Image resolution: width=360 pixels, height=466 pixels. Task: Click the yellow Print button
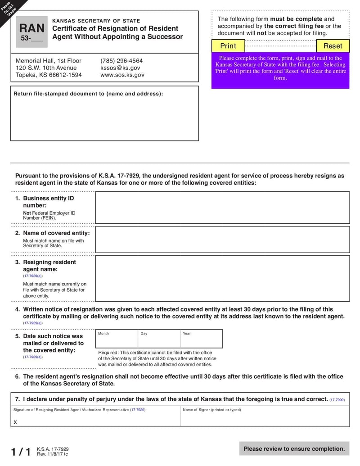[228, 46]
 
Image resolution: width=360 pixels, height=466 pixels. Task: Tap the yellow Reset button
[333, 46]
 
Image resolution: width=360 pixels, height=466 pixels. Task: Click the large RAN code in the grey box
[31, 28]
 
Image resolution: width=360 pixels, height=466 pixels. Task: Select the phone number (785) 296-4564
[121, 61]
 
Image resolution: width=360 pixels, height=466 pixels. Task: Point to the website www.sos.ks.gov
[122, 75]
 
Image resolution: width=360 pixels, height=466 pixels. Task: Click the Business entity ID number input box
[222, 208]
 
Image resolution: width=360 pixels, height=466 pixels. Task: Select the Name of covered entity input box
[222, 239]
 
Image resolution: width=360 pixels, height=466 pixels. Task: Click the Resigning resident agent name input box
[222, 278]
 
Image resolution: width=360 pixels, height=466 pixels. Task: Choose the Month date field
[117, 341]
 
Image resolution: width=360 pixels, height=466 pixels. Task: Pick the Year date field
[201, 341]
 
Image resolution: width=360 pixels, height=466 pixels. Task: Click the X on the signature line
[15, 422]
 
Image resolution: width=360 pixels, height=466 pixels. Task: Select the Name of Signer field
[265, 419]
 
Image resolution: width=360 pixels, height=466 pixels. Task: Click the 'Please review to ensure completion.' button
[294, 448]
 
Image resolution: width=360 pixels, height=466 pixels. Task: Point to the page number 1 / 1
[21, 452]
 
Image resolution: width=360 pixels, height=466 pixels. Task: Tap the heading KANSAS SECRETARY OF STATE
[96, 21]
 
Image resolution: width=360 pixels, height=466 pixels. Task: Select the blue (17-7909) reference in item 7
[337, 400]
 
